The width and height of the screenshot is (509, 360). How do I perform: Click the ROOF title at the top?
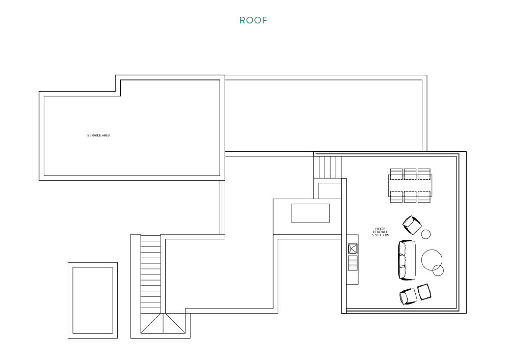[x=253, y=20]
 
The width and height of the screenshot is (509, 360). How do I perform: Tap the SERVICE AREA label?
[x=99, y=135]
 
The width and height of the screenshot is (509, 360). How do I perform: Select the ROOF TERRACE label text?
[x=380, y=230]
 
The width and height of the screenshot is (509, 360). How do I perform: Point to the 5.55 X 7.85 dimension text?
[x=380, y=235]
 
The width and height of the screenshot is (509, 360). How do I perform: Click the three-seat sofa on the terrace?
[x=407, y=260]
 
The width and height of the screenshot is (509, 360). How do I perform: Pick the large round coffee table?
[x=432, y=260]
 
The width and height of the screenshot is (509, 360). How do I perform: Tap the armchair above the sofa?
[x=412, y=225]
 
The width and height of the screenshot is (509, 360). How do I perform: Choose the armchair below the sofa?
[x=408, y=296]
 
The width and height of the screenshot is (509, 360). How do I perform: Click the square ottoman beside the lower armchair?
[x=424, y=292]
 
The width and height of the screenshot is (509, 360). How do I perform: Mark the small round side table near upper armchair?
[x=426, y=234]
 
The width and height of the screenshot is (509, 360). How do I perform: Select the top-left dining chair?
[x=396, y=174]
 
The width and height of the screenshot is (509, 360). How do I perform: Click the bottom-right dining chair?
[x=424, y=197]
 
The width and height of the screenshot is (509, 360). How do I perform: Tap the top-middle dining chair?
[x=410, y=174]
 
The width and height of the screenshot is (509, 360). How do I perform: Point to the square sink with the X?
[x=353, y=249]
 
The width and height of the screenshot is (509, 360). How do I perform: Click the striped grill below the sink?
[x=353, y=263]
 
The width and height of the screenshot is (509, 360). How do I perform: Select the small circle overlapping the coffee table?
[x=438, y=270]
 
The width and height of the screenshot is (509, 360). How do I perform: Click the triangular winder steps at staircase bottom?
[x=163, y=323]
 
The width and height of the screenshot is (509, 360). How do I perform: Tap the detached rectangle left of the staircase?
[x=93, y=300]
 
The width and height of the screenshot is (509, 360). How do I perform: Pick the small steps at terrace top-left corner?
[x=328, y=167]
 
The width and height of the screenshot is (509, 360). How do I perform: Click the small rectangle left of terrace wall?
[x=310, y=213]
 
